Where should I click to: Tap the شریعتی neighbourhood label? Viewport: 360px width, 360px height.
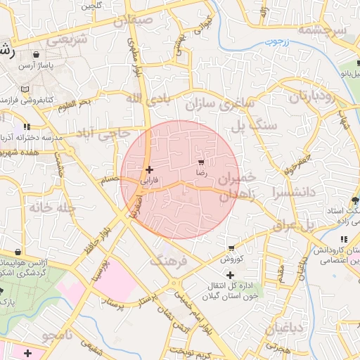click(x=67, y=39)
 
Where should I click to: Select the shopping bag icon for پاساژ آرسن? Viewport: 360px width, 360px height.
click(x=36, y=53)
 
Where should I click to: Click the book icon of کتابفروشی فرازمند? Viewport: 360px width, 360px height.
click(x=25, y=89)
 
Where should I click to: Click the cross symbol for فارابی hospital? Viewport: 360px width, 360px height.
click(x=148, y=169)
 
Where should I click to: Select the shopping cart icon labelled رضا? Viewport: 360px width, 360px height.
click(x=202, y=162)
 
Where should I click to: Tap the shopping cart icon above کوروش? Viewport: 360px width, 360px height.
click(x=231, y=248)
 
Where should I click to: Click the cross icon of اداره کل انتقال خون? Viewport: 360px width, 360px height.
click(x=230, y=274)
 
